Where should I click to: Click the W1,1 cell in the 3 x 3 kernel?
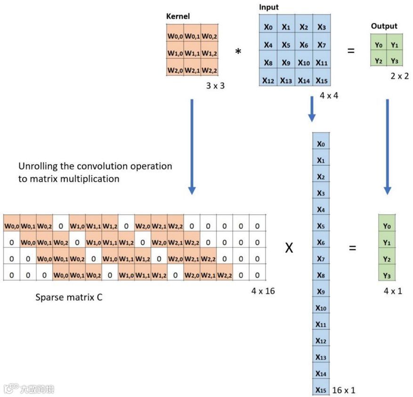(x=192, y=53)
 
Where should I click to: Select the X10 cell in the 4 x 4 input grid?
(x=304, y=63)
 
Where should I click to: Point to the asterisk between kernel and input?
(x=238, y=51)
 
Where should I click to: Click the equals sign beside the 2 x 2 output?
(x=351, y=50)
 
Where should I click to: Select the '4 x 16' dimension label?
(x=263, y=291)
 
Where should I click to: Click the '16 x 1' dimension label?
(x=344, y=390)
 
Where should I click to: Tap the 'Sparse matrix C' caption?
(x=69, y=298)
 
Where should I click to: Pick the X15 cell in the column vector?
(x=321, y=390)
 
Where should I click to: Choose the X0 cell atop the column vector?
(x=321, y=144)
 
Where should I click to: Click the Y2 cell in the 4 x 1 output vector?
(x=387, y=259)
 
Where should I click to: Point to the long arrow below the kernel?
(x=192, y=146)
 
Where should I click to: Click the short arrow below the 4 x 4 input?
(x=312, y=109)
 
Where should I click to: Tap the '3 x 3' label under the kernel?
(x=215, y=86)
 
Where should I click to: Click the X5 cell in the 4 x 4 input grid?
(x=286, y=45)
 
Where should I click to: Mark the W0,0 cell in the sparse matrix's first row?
(x=12, y=226)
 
